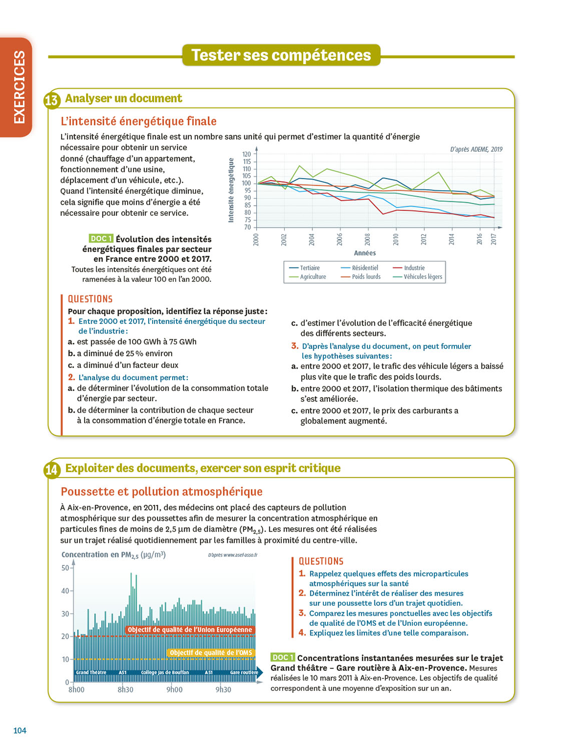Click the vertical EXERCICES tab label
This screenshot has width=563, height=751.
pyautogui.click(x=19, y=87)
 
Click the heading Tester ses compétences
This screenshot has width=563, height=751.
pyautogui.click(x=281, y=55)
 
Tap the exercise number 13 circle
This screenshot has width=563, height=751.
pyautogui.click(x=52, y=100)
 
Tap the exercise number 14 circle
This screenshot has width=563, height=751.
pyautogui.click(x=52, y=470)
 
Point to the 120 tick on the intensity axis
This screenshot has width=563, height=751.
pyautogui.click(x=247, y=154)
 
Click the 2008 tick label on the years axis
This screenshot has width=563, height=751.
pyautogui.click(x=368, y=239)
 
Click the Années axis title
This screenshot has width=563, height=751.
pyautogui.click(x=365, y=253)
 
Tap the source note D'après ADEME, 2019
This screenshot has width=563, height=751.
pyautogui.click(x=476, y=149)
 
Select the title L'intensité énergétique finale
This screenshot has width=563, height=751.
pyautogui.click(x=139, y=121)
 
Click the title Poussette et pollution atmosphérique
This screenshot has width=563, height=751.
pyautogui.click(x=162, y=492)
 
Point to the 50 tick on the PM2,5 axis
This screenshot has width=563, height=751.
pyautogui.click(x=66, y=568)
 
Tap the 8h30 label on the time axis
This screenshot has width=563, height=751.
pyautogui.click(x=126, y=690)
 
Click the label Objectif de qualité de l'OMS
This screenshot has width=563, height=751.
pyautogui.click(x=211, y=652)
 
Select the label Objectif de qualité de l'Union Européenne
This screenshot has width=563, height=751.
pyautogui.click(x=190, y=630)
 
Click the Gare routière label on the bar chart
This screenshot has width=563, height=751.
pyautogui.click(x=244, y=672)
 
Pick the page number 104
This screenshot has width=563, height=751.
pyautogui.click(x=20, y=730)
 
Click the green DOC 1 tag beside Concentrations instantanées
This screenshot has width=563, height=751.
pyautogui.click(x=282, y=657)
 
